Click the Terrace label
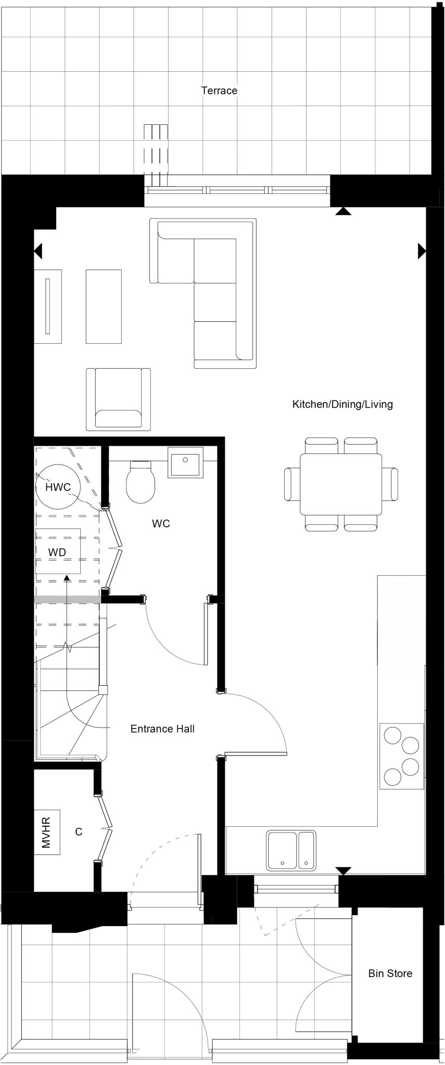219,90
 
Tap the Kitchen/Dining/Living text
342,404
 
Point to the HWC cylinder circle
58,487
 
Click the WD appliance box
58,551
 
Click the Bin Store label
390,973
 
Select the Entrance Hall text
162,729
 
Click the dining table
341,484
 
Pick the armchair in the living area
118,399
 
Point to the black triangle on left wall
37,251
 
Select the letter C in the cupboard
79,832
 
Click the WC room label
161,524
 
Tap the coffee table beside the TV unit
104,306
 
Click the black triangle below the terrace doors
342,211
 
